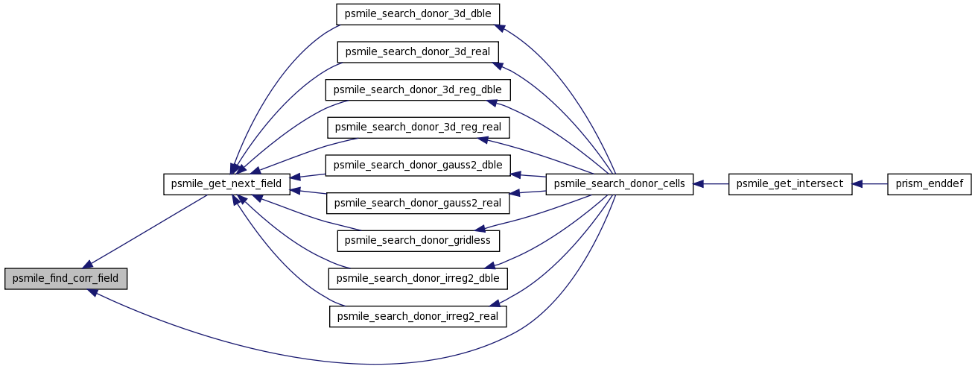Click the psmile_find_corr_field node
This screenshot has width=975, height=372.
pos(66,279)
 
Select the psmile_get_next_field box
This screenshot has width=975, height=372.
pos(226,184)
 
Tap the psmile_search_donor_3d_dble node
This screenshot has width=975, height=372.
pos(417,14)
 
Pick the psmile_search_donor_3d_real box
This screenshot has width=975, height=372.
pos(417,52)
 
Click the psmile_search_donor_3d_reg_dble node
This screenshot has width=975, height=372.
pos(417,90)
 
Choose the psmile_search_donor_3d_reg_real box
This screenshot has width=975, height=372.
pos(418,127)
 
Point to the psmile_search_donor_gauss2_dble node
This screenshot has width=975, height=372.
pos(417,165)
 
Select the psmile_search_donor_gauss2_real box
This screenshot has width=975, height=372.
pos(417,204)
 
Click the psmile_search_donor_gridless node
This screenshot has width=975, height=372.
pos(418,241)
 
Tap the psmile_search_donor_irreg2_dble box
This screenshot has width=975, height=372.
pos(418,279)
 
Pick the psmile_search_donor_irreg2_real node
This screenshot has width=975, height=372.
pos(418,317)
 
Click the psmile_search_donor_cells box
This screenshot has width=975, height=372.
pos(620,184)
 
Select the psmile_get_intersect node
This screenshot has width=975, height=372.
pos(790,184)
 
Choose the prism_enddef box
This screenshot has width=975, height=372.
pos(930,184)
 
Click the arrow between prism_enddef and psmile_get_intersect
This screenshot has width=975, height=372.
pos(870,184)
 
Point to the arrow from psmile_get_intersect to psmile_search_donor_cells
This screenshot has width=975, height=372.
pos(711,184)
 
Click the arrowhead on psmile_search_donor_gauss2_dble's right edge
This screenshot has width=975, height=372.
pos(515,174)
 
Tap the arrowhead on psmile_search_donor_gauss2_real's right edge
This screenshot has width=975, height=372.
pos(515,193)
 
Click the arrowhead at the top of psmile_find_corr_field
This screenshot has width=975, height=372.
pos(87,265)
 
